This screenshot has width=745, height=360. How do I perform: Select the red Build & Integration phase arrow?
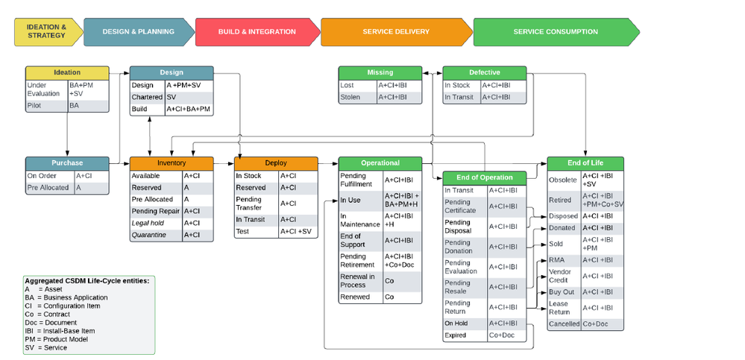click(257, 32)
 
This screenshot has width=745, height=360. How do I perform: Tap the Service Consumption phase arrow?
click(555, 32)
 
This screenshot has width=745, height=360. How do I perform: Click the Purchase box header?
click(67, 162)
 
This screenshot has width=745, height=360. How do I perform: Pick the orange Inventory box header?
click(172, 162)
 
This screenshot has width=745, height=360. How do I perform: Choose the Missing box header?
click(380, 72)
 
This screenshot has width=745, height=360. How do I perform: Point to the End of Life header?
click(585, 162)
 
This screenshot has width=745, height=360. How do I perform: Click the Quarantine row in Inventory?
click(150, 235)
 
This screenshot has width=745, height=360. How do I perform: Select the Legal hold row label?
click(150, 223)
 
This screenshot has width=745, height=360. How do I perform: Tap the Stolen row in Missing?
click(351, 97)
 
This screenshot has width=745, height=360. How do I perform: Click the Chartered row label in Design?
click(147, 97)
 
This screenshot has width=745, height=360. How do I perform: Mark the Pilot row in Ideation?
click(37, 106)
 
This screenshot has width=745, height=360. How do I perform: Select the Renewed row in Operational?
click(355, 297)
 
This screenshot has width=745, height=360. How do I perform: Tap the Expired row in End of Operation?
click(456, 335)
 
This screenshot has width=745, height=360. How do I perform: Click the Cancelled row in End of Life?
click(564, 323)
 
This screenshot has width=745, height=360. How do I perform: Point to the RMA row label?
click(557, 259)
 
